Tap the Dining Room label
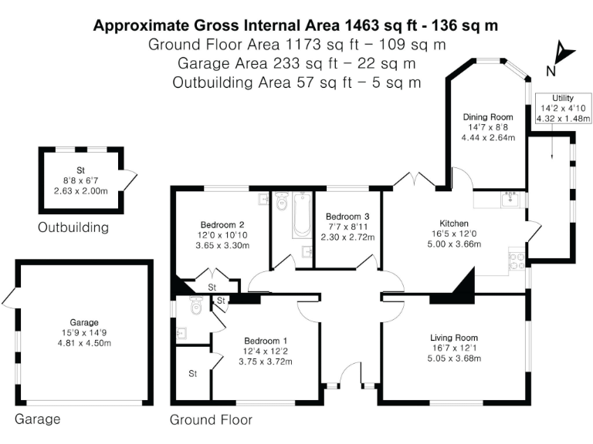(488, 117)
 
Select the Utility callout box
(563, 109)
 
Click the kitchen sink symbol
(510, 200)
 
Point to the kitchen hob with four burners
(517, 261)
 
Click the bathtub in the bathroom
(302, 215)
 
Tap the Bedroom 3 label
(347, 217)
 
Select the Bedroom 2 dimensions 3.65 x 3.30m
(222, 245)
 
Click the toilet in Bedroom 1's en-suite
(196, 305)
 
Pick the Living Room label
(454, 338)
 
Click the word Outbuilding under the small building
(73, 227)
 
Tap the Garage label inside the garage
(84, 322)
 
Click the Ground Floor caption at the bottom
(211, 420)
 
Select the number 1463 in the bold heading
(361, 25)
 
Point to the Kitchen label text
(454, 224)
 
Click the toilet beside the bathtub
(282, 201)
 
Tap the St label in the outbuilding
(80, 170)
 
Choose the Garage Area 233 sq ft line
(296, 63)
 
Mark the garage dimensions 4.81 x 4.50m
(84, 343)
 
